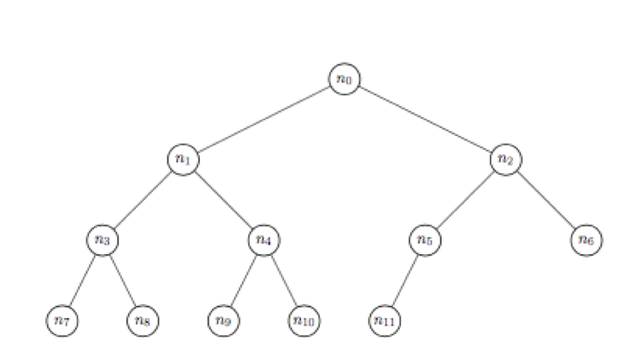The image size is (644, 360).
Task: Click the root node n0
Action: tap(344, 78)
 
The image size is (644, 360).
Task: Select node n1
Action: tap(183, 159)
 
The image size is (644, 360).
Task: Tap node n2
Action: tap(506, 159)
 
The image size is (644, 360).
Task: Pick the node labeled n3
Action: tap(102, 239)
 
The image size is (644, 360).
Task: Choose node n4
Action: tap(263, 239)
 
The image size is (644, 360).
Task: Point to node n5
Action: tap(425, 239)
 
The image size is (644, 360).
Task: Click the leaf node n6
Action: tap(587, 239)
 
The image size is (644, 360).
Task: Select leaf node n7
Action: tap(61, 320)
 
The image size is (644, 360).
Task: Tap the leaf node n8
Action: tap(142, 320)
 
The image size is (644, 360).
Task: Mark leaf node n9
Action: tap(223, 320)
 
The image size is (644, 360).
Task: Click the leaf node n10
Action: tap(303, 320)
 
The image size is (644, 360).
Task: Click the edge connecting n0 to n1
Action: tap(263, 119)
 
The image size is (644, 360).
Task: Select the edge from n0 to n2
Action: tap(425, 119)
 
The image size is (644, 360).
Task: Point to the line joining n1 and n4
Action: tap(223, 199)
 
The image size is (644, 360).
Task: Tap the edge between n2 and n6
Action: tap(546, 199)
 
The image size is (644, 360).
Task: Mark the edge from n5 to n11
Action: tap(405, 280)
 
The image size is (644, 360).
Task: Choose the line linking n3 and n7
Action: tap(82, 280)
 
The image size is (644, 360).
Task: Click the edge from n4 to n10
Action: tap(283, 280)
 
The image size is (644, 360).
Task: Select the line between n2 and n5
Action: tap(465, 199)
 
